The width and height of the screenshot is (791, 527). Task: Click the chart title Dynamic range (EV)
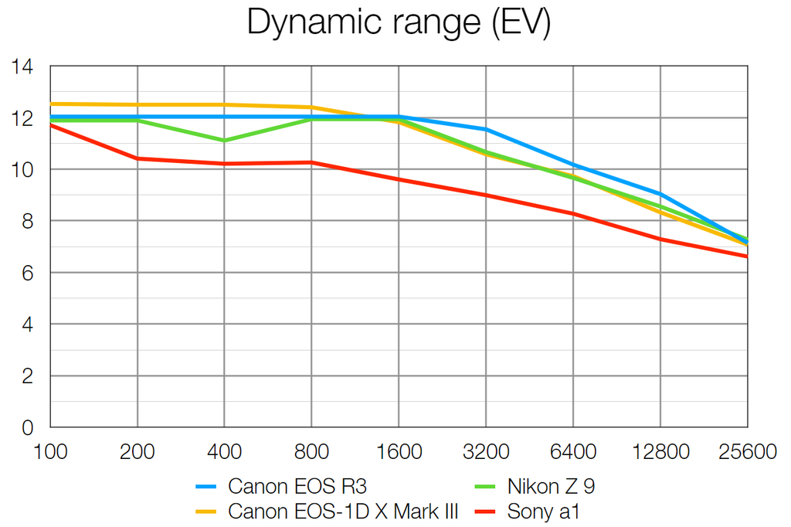pos(398,23)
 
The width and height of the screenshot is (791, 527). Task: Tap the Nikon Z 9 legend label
pos(551,486)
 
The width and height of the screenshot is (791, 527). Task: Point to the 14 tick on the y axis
pos(23,67)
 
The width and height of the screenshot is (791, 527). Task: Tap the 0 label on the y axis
pos(28,427)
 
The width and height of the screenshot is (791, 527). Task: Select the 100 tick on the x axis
pos(50,451)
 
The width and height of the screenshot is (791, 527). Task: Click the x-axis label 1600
pos(399,451)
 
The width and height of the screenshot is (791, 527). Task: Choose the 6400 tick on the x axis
pos(572,451)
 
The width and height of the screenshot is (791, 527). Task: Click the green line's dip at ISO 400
pos(224,141)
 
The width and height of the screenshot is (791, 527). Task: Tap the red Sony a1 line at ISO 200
pos(137,158)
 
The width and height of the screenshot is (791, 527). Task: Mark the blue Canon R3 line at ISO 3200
pos(486,129)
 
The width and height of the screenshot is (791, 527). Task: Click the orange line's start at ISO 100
pos(51,104)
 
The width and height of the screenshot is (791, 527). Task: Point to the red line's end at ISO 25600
pos(746,256)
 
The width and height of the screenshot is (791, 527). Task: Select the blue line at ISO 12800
pos(660,193)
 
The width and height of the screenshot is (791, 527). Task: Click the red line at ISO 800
pos(311,162)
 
